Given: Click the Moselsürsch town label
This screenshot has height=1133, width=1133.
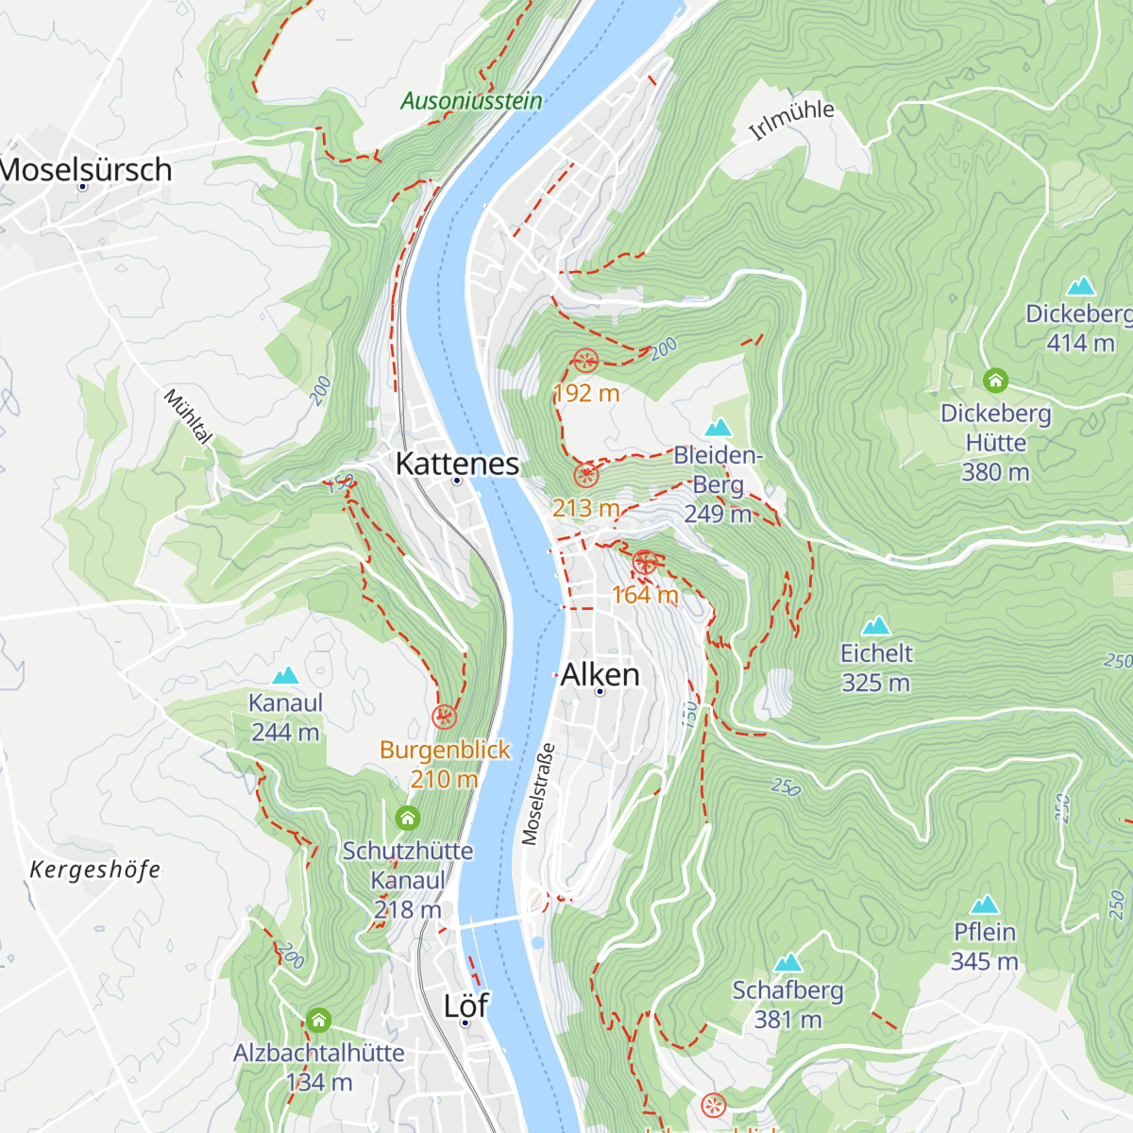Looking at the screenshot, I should (x=87, y=170).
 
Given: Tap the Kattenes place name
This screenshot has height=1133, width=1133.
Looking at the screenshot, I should (x=457, y=464).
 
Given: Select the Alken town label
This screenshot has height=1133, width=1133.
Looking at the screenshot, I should (x=600, y=675).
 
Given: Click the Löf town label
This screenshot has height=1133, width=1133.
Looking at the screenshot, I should (x=465, y=1006).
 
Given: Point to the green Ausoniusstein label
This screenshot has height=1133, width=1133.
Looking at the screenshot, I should (x=471, y=101).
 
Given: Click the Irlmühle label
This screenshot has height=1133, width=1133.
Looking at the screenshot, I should (x=791, y=120).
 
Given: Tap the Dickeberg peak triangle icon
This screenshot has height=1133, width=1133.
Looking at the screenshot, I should (x=1080, y=286).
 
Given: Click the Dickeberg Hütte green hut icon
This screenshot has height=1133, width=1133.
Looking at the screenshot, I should (x=995, y=380).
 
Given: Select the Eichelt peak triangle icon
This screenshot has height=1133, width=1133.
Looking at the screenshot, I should (x=876, y=626).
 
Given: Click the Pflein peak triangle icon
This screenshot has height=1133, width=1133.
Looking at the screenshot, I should (x=984, y=905).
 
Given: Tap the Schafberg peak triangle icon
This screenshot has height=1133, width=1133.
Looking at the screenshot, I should (x=787, y=963).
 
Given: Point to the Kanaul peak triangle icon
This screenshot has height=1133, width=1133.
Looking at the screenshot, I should (x=285, y=676).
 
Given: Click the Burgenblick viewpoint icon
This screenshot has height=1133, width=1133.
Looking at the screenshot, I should (x=444, y=718).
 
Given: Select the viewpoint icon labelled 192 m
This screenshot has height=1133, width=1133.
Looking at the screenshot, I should (x=585, y=361).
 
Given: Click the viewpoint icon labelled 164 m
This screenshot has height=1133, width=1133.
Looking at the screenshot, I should (x=645, y=564).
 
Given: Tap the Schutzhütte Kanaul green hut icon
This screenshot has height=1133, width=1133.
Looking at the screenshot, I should (x=407, y=818).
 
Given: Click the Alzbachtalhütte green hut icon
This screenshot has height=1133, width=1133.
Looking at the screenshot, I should (x=318, y=1020).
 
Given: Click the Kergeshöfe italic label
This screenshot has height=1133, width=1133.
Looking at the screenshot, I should (x=94, y=870).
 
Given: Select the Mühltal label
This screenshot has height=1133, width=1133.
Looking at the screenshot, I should (x=188, y=415).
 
